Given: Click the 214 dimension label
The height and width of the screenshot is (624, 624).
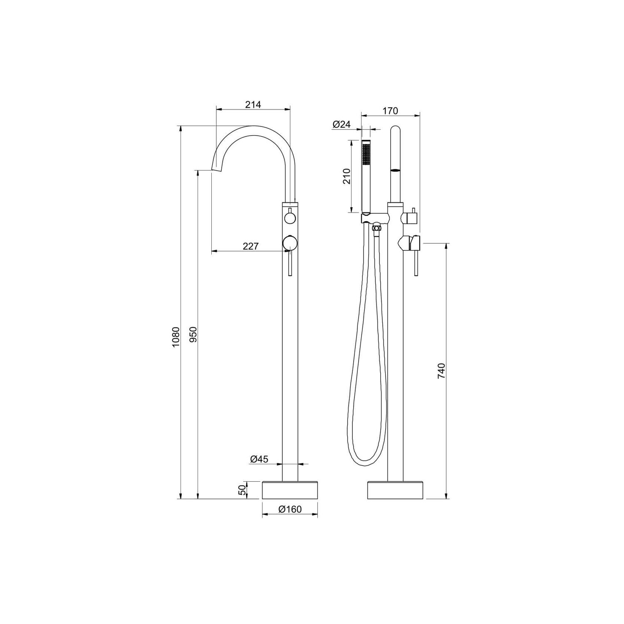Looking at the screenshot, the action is click(x=253, y=104).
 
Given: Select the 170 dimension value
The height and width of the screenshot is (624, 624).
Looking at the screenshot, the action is click(x=390, y=111).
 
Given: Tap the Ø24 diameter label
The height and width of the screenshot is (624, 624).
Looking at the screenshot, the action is click(x=342, y=124).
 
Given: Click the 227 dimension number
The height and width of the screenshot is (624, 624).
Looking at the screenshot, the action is click(x=251, y=246).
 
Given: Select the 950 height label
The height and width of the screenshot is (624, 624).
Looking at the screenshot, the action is click(x=192, y=334).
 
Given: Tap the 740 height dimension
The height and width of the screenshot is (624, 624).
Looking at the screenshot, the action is click(x=441, y=371).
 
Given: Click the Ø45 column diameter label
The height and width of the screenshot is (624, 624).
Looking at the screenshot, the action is click(x=259, y=459).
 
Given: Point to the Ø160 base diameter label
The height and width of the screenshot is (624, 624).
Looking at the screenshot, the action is click(x=290, y=509).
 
